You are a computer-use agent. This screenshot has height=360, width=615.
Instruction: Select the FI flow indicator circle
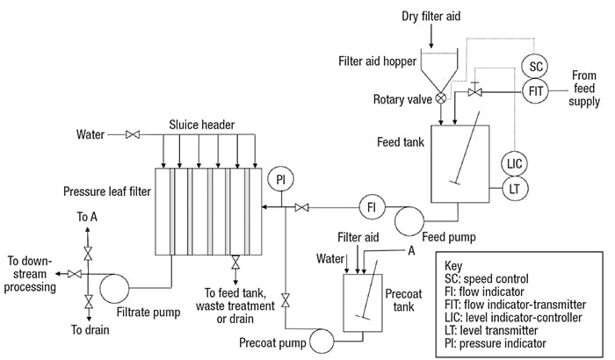click(x=371, y=207)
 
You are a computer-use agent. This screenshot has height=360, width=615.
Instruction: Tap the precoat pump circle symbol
click(x=322, y=338)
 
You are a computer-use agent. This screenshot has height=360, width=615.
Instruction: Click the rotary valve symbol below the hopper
click(x=440, y=98)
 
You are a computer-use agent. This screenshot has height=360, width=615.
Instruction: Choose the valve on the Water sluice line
click(x=134, y=135)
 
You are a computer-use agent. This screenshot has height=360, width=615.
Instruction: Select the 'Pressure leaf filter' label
click(x=105, y=191)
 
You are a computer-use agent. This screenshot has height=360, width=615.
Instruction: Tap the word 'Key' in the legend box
click(x=456, y=264)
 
